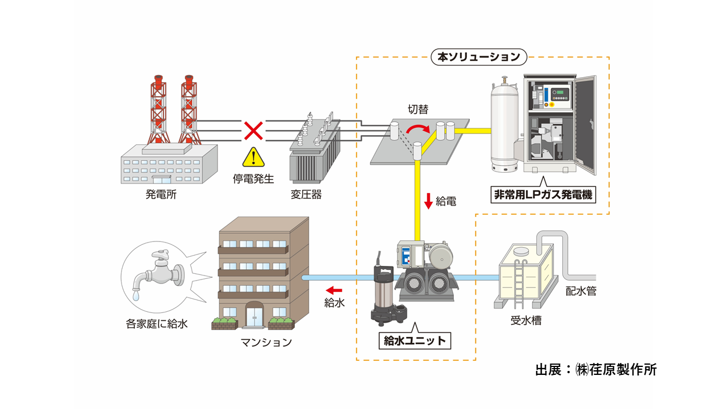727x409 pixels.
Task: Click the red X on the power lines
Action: (253, 131)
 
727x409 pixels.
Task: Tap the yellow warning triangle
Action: (253, 157)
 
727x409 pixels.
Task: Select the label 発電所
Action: (161, 194)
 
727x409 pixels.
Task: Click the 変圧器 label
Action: (306, 194)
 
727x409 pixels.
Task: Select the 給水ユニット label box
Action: (415, 341)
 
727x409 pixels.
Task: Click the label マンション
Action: (266, 342)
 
